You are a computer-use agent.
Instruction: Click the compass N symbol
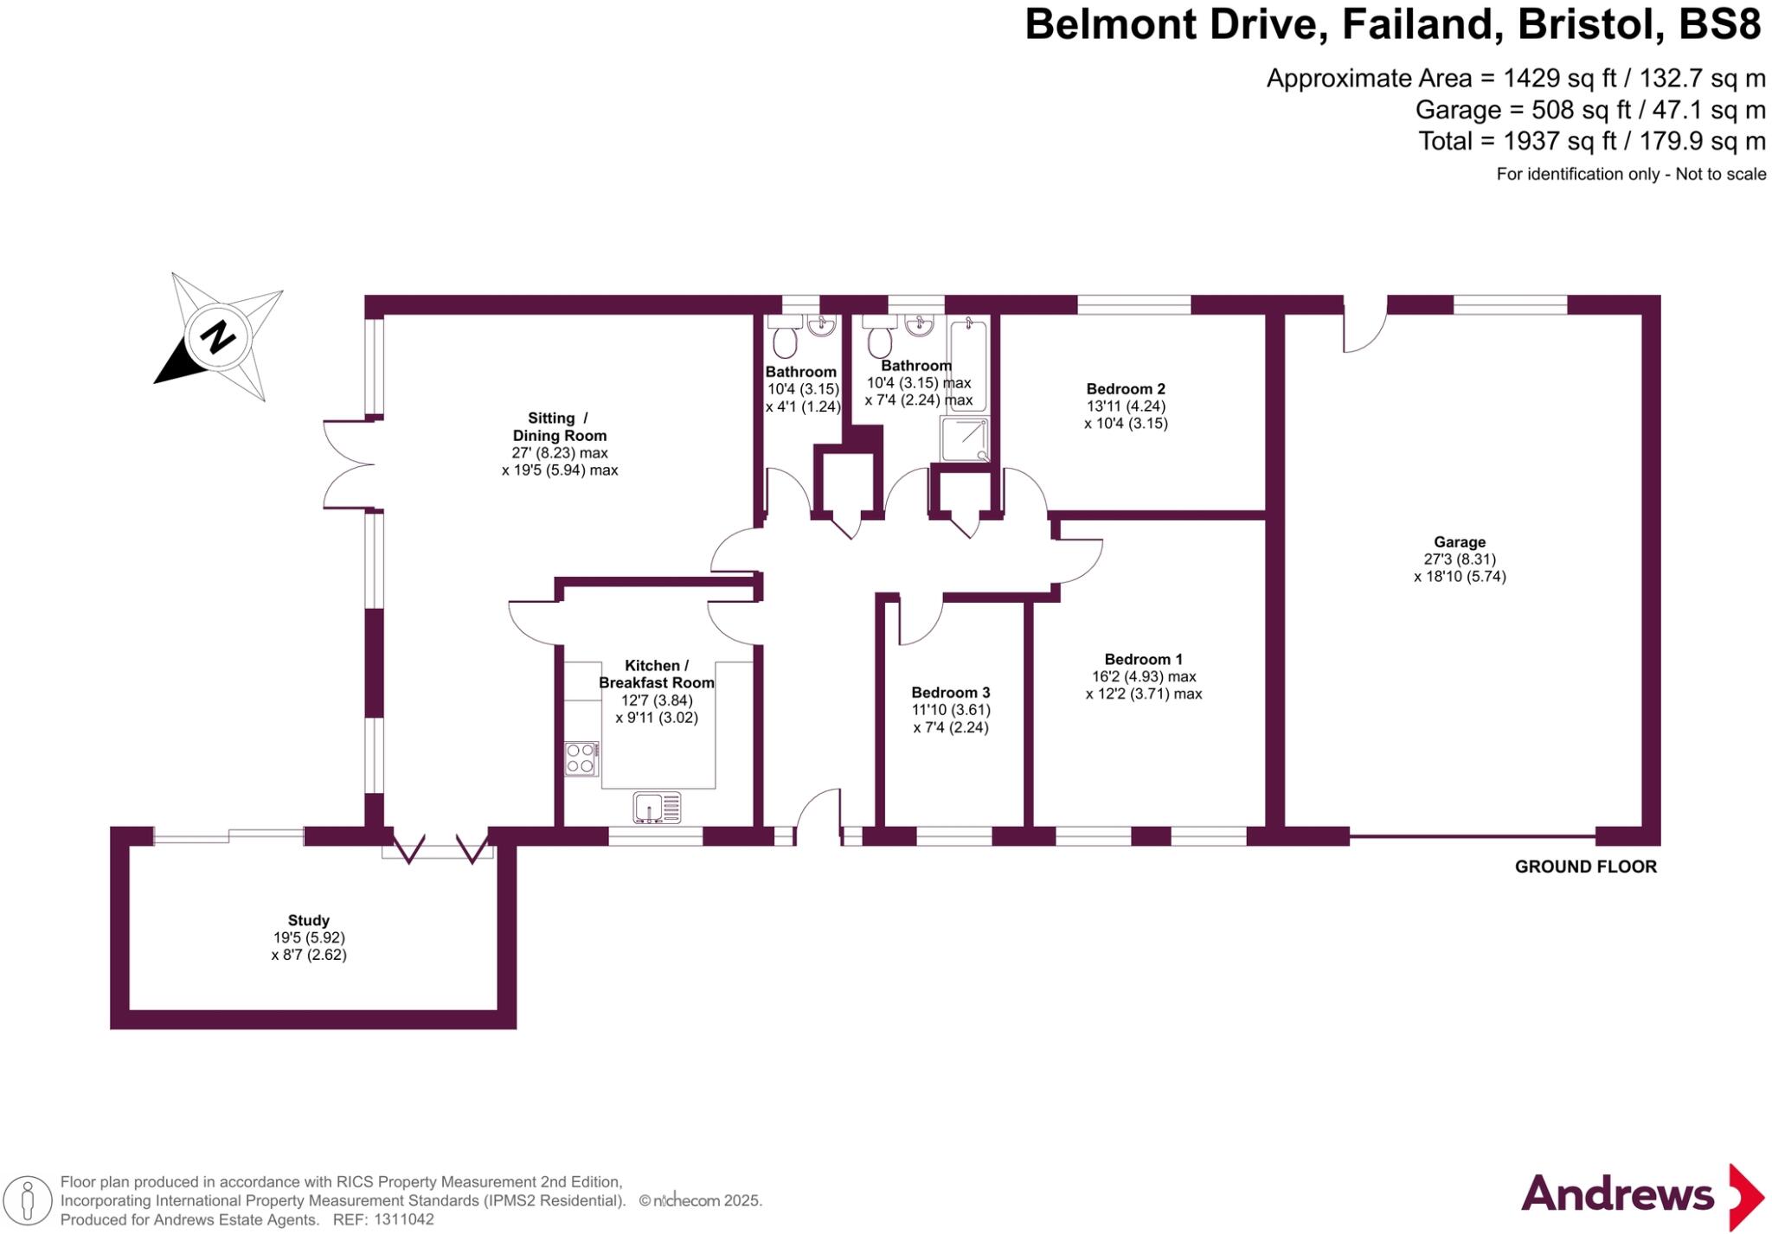pyautogui.click(x=218, y=336)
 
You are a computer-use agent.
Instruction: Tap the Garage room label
pyautogui.click(x=1460, y=542)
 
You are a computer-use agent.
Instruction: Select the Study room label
pyautogui.click(x=308, y=920)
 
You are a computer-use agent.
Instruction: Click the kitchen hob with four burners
pyautogui.click(x=581, y=759)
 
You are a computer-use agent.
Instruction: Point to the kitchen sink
pyautogui.click(x=657, y=808)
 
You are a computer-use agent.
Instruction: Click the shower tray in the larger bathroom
pyautogui.click(x=965, y=439)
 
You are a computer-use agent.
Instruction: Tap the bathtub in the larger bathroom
pyautogui.click(x=968, y=363)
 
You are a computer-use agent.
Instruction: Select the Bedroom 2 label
pyautogui.click(x=1126, y=388)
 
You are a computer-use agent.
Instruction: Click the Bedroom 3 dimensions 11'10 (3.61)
pyautogui.click(x=951, y=710)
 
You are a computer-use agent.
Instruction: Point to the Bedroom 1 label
pyautogui.click(x=1143, y=659)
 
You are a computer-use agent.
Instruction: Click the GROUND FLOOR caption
pyautogui.click(x=1585, y=866)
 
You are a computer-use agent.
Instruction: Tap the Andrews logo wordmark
pyautogui.click(x=1617, y=1194)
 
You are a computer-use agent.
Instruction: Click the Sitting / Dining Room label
pyautogui.click(x=559, y=426)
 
